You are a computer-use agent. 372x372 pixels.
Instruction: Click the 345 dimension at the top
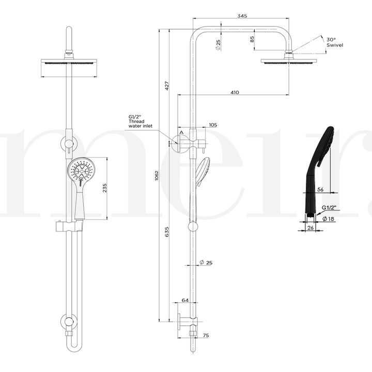point(242,16)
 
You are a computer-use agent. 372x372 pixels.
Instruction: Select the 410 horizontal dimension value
point(235,92)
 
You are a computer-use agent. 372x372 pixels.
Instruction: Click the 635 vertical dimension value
point(167,233)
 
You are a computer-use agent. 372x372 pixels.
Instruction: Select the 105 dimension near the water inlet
point(213,125)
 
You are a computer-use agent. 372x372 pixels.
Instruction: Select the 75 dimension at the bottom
point(206,336)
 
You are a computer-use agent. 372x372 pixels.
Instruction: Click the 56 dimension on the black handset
point(320,190)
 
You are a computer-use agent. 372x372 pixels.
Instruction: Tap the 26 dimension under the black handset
point(311,227)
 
